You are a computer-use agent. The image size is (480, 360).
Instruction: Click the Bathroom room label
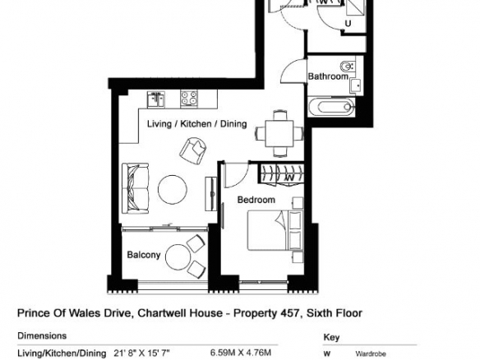(x=328, y=76)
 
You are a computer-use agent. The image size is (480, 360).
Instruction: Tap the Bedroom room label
(x=256, y=200)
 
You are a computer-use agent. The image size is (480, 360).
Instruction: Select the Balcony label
(x=144, y=255)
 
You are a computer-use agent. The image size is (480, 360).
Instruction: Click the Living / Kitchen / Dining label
(x=196, y=123)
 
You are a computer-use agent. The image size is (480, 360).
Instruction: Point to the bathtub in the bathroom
(x=331, y=107)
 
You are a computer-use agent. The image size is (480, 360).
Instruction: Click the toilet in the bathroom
(x=347, y=66)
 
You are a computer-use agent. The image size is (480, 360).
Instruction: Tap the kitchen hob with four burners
(x=189, y=99)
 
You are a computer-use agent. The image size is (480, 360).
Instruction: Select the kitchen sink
(x=156, y=99)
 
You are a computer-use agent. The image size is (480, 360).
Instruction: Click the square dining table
(x=279, y=134)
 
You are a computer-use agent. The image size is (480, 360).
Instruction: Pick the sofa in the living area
(x=136, y=188)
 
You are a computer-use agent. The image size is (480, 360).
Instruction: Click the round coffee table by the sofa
(x=173, y=190)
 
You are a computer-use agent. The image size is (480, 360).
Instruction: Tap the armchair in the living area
(x=193, y=150)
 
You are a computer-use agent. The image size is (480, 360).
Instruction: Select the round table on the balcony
(x=178, y=256)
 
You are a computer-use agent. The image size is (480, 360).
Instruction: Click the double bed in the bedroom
(x=275, y=230)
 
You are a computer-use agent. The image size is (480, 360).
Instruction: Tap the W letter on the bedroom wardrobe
(x=289, y=178)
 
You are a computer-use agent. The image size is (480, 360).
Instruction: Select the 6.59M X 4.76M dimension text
(x=241, y=353)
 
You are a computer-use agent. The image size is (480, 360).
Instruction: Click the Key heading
(x=331, y=337)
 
